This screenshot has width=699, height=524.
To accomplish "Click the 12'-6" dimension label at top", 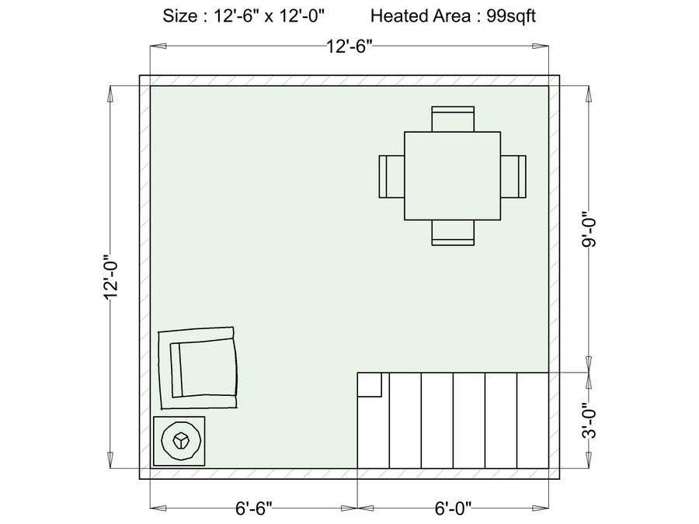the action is (x=349, y=46).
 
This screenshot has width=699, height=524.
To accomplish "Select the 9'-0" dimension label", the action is (x=589, y=228).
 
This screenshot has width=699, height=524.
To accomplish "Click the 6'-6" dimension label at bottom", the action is (x=254, y=508).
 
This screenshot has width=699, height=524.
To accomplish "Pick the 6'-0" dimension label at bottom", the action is (x=453, y=508).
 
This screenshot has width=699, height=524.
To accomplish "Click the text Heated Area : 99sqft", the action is (x=453, y=16).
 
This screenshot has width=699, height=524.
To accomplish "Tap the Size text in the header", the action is (x=179, y=16).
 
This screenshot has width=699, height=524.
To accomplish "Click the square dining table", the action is (x=453, y=175).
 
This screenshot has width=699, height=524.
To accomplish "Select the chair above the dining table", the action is (x=453, y=119).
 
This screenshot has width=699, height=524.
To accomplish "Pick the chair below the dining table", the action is (x=453, y=233).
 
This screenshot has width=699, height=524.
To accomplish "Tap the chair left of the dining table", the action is (x=392, y=176).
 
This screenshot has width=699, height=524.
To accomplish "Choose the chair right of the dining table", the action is (x=513, y=176).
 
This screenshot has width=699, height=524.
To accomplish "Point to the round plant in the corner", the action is (x=181, y=441).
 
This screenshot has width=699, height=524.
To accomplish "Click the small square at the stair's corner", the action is (x=370, y=384).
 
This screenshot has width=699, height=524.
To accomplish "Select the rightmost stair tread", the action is (x=533, y=421).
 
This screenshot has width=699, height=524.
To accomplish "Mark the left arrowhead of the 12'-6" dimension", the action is (x=158, y=46).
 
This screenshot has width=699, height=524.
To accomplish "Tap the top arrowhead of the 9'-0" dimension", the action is (x=589, y=94).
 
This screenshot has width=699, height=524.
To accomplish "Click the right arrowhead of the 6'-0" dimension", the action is (x=541, y=508).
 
